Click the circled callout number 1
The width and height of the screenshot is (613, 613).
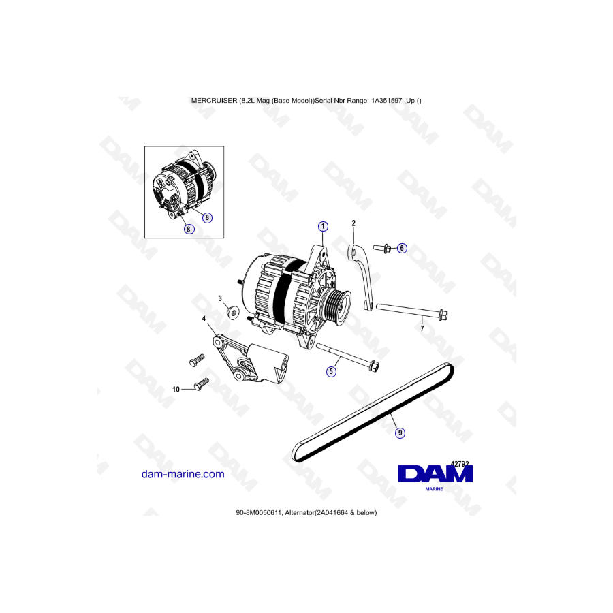tap(323, 226)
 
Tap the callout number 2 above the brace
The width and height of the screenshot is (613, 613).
tap(353, 223)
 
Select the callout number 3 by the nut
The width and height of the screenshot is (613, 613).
tap(220, 298)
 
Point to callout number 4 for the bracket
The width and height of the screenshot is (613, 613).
tap(204, 319)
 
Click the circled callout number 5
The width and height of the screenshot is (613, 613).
tap(331, 371)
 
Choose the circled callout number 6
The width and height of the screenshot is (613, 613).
tap(401, 248)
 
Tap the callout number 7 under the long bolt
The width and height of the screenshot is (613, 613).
tap(422, 328)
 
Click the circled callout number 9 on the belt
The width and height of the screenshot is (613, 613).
tap(400, 433)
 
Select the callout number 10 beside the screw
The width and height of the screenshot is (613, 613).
tap(176, 390)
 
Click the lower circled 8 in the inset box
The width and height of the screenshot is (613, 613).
tap(189, 229)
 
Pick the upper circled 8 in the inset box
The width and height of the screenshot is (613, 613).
tap(207, 218)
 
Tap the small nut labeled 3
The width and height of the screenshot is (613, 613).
tap(234, 313)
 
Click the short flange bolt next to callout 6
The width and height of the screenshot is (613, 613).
tap(382, 248)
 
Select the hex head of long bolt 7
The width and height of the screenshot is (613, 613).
tap(443, 314)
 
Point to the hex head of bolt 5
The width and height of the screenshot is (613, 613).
tap(375, 366)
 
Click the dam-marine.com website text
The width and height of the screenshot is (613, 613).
tap(183, 474)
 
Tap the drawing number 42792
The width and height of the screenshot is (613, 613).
tap(460, 464)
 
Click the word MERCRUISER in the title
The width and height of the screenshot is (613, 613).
tap(215, 101)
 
